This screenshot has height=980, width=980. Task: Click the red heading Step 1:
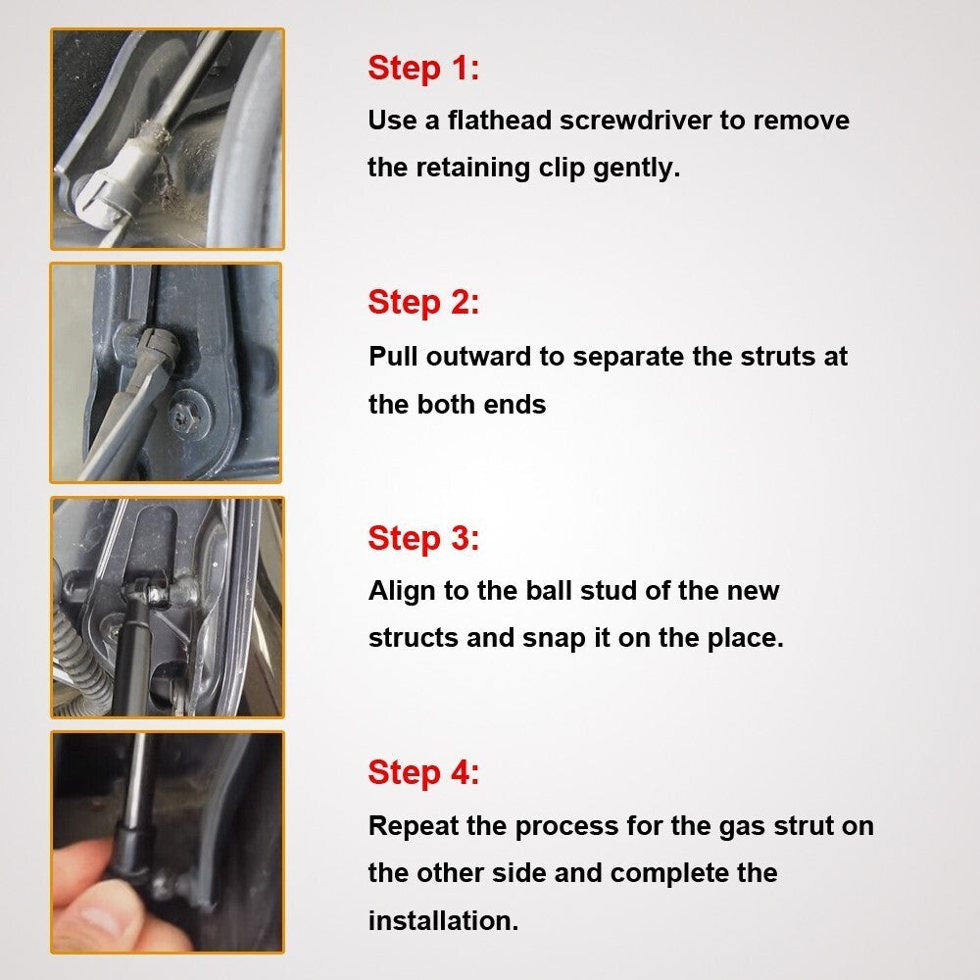coord(423,68)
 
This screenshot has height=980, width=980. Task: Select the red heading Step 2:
coord(423,303)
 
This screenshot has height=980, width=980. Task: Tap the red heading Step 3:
coord(423,537)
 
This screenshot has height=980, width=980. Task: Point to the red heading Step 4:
coord(423,772)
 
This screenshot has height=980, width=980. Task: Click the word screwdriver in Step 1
coord(635,120)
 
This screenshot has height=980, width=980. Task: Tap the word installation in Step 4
coord(443,920)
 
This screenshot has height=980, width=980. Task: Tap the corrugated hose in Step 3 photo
coord(78,657)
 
